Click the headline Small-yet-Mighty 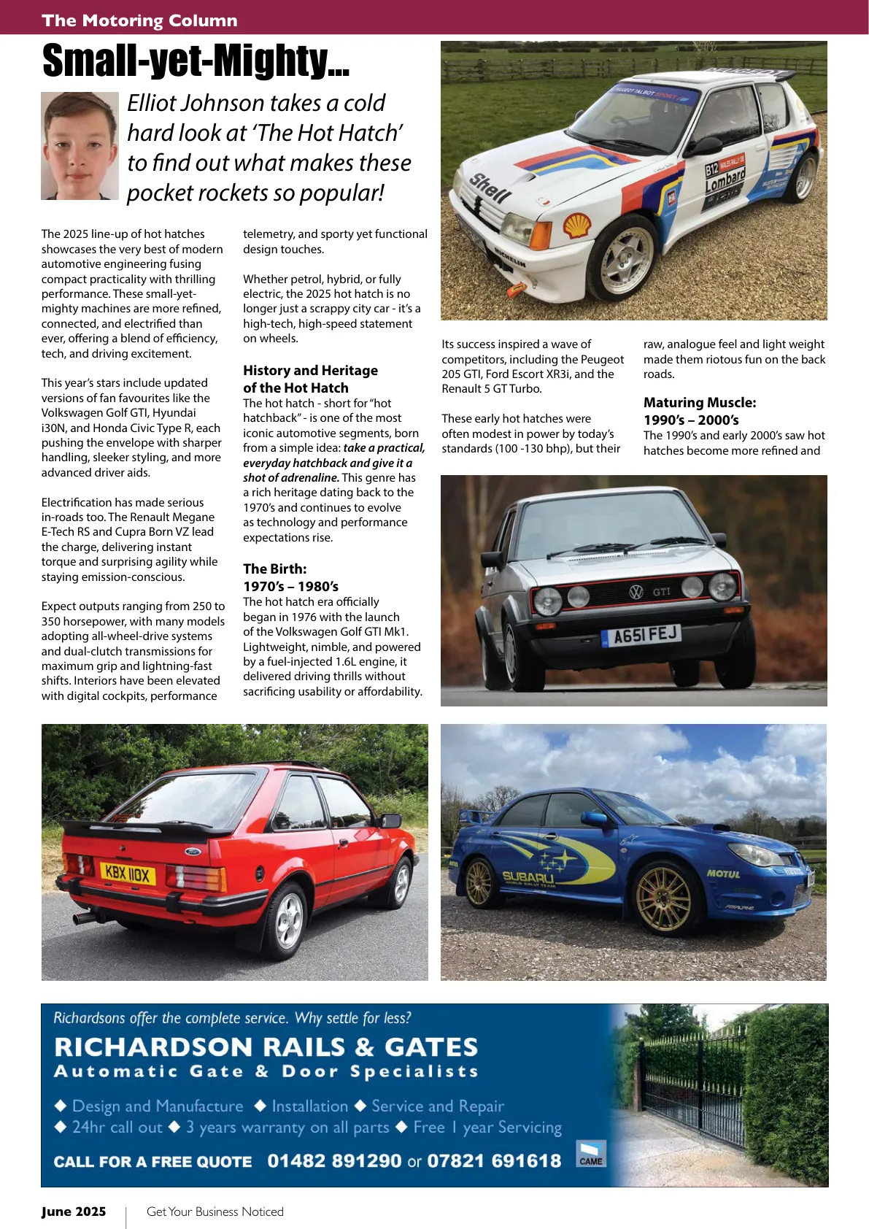[196, 61]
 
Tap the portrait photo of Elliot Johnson [80, 145]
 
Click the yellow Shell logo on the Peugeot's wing [578, 225]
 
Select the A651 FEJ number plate [641, 635]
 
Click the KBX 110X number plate [127, 873]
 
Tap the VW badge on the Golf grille [636, 592]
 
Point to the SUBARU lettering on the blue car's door [528, 877]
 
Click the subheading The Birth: [274, 569]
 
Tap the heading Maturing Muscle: [699, 402]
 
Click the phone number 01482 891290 [334, 1160]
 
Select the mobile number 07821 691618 [494, 1160]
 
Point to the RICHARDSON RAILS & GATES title [266, 1047]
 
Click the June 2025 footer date [74, 1211]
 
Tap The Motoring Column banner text [139, 20]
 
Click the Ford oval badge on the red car [193, 851]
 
